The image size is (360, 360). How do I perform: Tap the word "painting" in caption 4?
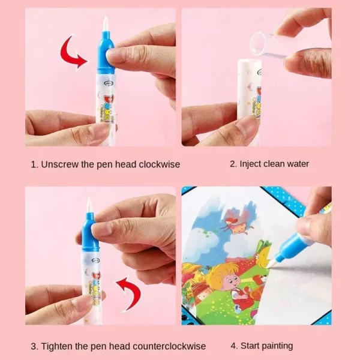[278, 346]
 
